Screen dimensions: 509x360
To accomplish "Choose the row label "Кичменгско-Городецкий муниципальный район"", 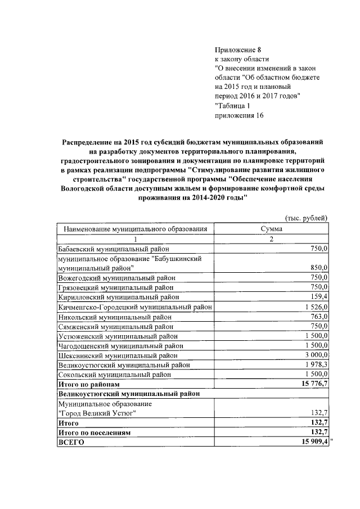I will click(x=135, y=307).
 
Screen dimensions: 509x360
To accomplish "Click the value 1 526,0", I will click(x=316, y=307).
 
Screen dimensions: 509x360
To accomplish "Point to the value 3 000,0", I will click(x=316, y=355).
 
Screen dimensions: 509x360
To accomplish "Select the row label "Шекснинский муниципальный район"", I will click(x=118, y=355).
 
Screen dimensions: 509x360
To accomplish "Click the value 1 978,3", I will click(x=316, y=364).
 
